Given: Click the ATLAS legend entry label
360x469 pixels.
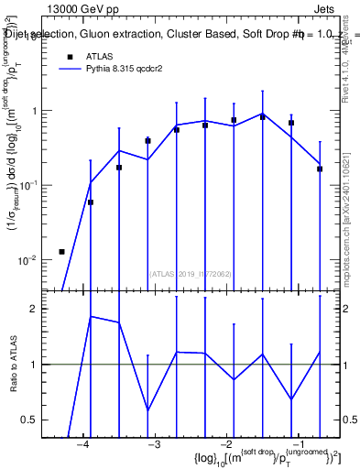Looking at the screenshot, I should [x=101, y=56].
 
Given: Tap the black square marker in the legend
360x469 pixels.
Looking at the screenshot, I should [x=69, y=57].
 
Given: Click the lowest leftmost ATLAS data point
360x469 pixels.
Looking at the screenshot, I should [x=61, y=251].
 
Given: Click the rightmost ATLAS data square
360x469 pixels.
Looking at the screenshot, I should [x=320, y=169].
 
